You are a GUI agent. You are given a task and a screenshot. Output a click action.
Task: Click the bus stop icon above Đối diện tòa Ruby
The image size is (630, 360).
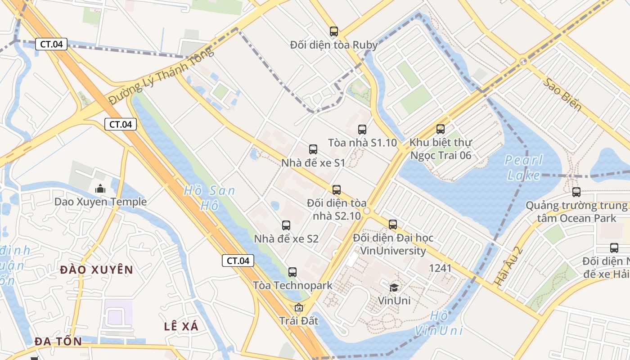[x=333, y=31]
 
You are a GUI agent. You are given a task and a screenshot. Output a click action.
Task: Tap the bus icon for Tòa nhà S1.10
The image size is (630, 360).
[x=362, y=130]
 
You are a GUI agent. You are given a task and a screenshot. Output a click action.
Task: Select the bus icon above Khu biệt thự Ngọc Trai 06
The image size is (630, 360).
[x=441, y=129]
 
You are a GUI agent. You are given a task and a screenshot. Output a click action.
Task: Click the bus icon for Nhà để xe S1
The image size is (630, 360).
[x=313, y=149]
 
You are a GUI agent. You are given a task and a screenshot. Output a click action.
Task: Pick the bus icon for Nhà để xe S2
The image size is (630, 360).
[x=286, y=225]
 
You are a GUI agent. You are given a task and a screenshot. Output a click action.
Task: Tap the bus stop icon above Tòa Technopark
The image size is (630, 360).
[x=292, y=272]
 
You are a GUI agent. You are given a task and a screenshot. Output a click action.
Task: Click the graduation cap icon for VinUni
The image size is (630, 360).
[x=394, y=287]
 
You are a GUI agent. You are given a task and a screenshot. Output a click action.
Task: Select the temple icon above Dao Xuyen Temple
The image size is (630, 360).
[x=100, y=189]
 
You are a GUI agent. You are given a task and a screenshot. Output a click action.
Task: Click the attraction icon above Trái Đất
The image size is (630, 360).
[x=298, y=308]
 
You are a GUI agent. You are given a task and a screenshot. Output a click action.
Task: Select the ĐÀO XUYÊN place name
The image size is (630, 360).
[x=97, y=270]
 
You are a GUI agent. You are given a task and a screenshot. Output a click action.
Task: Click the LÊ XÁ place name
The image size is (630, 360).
[x=181, y=327]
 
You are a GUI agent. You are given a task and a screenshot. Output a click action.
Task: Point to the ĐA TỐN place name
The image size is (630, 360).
[x=58, y=342]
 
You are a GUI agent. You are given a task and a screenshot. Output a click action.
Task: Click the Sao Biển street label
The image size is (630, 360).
[x=562, y=95]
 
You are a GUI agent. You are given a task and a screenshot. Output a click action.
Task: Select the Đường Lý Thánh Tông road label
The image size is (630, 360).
[x=162, y=76]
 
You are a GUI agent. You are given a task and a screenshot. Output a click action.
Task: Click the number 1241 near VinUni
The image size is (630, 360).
[x=440, y=268]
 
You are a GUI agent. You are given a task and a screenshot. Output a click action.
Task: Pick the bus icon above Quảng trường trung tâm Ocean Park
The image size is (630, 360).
[x=576, y=192]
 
